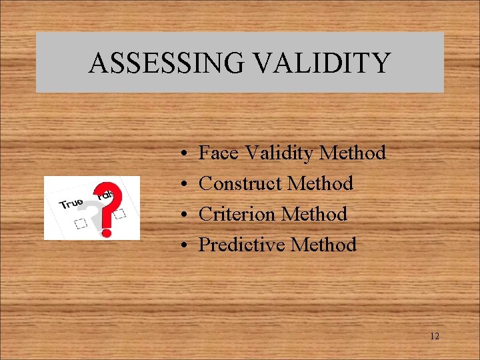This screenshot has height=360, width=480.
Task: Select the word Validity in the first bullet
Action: (x=279, y=154)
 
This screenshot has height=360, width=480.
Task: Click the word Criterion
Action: (x=237, y=214)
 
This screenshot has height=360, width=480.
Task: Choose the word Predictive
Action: (x=242, y=245)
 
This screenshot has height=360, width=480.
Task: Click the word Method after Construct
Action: (x=322, y=183)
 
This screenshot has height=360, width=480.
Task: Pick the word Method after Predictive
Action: (x=324, y=245)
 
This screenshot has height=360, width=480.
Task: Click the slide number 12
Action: (x=435, y=336)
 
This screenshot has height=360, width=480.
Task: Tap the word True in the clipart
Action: (x=71, y=202)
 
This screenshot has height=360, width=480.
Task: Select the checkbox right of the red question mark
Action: (x=120, y=215)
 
